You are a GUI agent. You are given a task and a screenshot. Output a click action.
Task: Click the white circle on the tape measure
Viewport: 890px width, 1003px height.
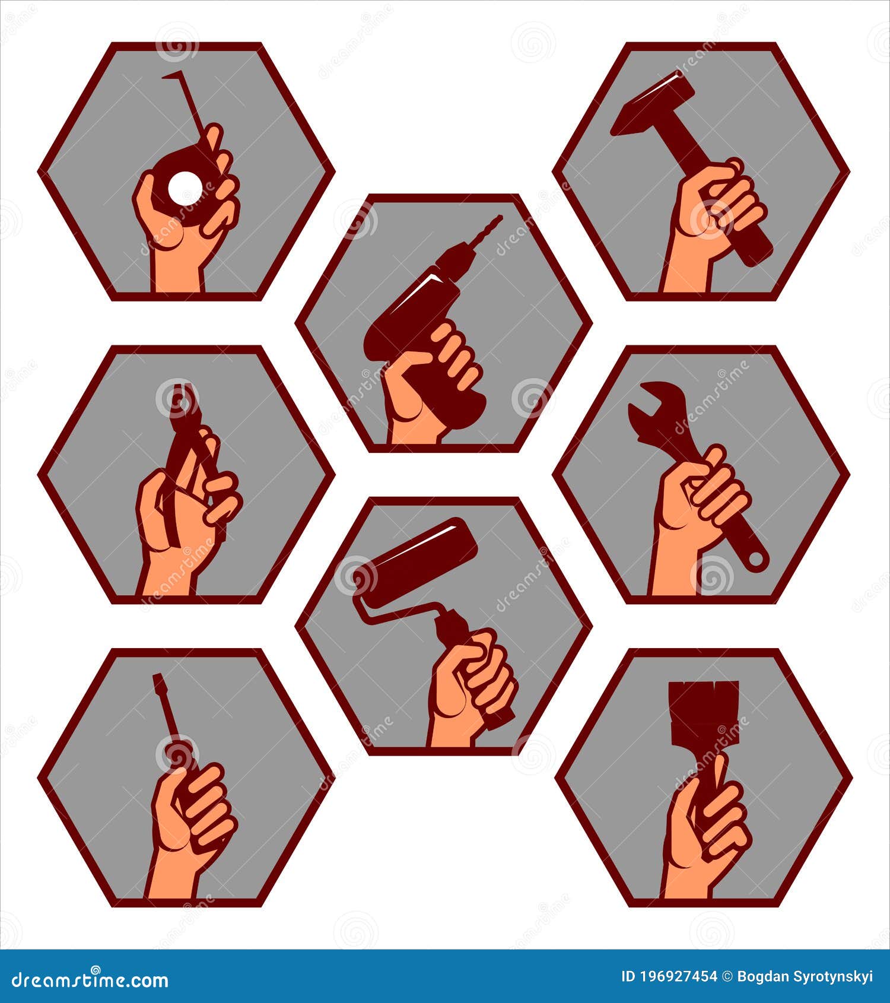[x=185, y=188]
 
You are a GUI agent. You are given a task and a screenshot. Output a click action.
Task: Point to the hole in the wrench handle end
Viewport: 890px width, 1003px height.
[x=757, y=559]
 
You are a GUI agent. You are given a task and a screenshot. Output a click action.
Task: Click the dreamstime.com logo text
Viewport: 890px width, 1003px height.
[x=90, y=980]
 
